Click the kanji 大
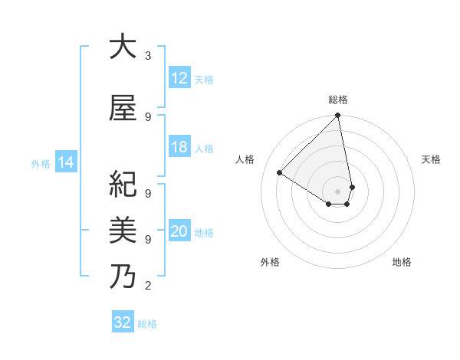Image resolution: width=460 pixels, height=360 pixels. pyautogui.click(x=123, y=47)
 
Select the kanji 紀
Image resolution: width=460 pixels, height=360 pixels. pyautogui.click(x=123, y=185)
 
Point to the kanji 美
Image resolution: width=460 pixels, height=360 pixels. pyautogui.click(x=123, y=229)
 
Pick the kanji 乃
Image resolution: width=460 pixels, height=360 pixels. pyautogui.click(x=123, y=275)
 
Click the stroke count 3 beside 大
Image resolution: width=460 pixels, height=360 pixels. pyautogui.click(x=148, y=56)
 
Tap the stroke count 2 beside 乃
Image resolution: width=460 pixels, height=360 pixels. pyautogui.click(x=148, y=286)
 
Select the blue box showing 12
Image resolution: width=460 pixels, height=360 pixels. pyautogui.click(x=179, y=78)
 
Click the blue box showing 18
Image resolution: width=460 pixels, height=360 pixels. pyautogui.click(x=179, y=147)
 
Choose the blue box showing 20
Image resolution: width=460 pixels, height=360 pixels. pyautogui.click(x=179, y=232)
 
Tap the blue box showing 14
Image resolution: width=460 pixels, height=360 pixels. pyautogui.click(x=65, y=162)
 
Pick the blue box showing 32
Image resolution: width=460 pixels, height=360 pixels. pyautogui.click(x=123, y=322)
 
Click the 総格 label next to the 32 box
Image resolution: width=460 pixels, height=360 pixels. pyautogui.click(x=147, y=324)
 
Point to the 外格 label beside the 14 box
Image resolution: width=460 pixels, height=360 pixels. pyautogui.click(x=41, y=163)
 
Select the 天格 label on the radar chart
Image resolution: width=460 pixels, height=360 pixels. pyautogui.click(x=431, y=159)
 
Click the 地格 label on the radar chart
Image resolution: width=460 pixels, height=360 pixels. pyautogui.click(x=402, y=262)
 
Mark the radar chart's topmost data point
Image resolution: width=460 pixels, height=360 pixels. pyautogui.click(x=338, y=116)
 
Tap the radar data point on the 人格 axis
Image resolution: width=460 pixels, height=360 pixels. pyautogui.click(x=280, y=173)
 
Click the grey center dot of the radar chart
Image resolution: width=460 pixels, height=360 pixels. pyautogui.click(x=337, y=191)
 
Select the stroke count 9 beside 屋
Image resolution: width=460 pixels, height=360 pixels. pyautogui.click(x=148, y=117)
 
